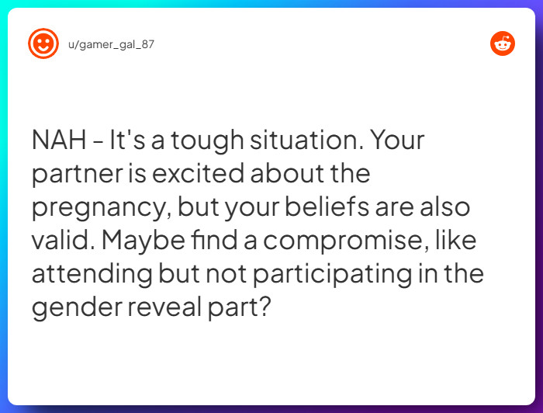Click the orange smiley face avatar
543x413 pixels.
tap(43, 43)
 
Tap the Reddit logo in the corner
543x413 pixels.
tap(503, 43)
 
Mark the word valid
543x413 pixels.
tap(64, 241)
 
